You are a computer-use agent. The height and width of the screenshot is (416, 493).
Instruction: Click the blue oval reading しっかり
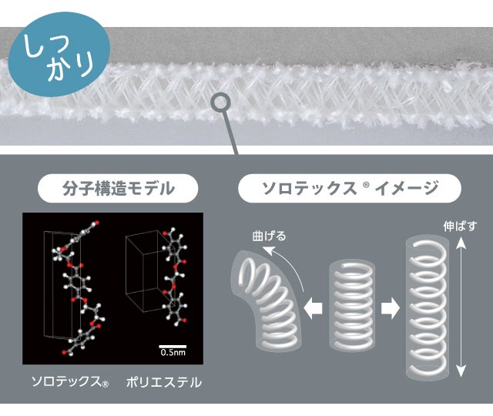click(x=59, y=54)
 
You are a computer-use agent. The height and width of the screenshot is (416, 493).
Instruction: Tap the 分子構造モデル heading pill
click(x=118, y=188)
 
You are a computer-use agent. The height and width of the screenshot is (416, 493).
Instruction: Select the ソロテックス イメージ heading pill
click(x=350, y=188)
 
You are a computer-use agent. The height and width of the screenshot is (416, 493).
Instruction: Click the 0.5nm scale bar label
click(x=173, y=352)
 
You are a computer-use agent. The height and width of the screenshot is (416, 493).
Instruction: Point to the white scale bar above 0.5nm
click(x=173, y=346)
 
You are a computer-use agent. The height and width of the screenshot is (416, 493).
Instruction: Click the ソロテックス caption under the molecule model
click(x=70, y=382)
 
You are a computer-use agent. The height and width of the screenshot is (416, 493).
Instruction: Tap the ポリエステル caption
click(x=164, y=382)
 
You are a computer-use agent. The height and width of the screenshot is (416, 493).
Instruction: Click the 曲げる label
click(x=269, y=236)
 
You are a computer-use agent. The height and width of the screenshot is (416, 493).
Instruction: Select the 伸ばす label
click(x=460, y=226)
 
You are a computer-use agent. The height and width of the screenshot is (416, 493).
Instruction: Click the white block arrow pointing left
click(x=314, y=308)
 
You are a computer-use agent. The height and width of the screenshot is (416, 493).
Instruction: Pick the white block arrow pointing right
click(x=391, y=308)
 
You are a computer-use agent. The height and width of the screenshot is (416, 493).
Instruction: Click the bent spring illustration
click(x=267, y=302)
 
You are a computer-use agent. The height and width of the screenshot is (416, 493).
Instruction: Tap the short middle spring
click(x=352, y=305)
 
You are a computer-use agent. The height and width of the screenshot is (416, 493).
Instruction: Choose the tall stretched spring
click(x=428, y=308)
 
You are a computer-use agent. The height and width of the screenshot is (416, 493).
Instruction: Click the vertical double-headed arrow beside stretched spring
click(x=461, y=307)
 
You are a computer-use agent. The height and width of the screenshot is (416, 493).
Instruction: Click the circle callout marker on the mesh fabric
click(x=220, y=102)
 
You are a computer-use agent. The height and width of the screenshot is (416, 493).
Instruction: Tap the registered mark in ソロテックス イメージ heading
click(x=366, y=185)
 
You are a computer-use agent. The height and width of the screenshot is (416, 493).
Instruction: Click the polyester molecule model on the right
click(x=175, y=277)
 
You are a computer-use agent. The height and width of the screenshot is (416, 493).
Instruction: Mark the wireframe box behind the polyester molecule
click(x=142, y=271)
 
